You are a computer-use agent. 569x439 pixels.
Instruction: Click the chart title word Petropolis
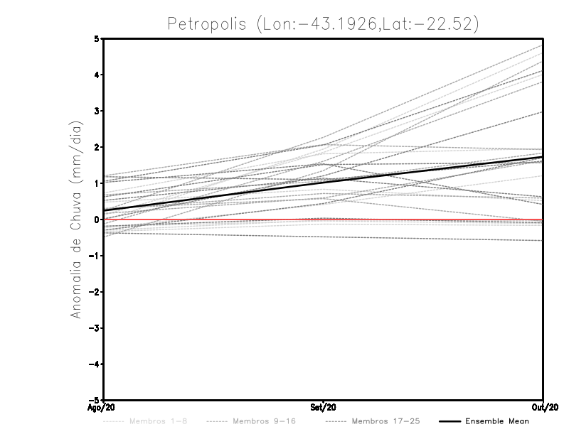click(205, 23)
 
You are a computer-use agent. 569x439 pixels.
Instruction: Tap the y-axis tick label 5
click(97, 38)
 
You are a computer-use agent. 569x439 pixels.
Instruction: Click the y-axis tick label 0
click(97, 219)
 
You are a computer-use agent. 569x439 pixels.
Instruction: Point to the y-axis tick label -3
click(95, 327)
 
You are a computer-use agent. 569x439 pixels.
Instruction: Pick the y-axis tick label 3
click(97, 111)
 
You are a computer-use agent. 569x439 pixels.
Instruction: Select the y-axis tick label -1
click(95, 255)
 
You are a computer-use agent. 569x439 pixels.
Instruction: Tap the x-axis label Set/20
click(324, 407)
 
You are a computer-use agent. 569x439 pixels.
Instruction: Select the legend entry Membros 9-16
click(262, 422)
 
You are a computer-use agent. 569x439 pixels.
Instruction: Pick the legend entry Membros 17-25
click(385, 422)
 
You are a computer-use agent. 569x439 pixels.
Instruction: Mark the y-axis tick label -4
click(95, 364)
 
